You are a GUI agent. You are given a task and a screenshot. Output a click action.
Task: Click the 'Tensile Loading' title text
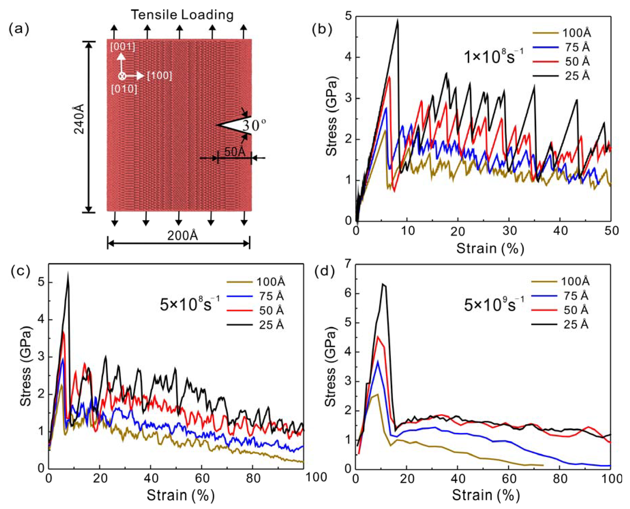click(182, 15)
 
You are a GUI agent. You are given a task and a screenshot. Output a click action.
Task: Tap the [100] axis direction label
click(160, 76)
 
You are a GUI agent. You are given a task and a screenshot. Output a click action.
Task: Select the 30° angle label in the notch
click(254, 126)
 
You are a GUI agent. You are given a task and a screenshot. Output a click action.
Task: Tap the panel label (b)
click(322, 30)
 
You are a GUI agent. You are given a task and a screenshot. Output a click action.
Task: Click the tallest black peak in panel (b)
click(398, 20)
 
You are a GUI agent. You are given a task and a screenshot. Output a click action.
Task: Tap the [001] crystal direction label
click(123, 47)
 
